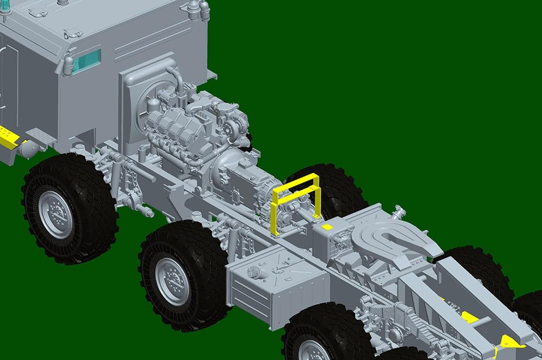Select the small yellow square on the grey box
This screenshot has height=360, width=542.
pos(327,226)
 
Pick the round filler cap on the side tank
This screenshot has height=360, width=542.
pos(254,273)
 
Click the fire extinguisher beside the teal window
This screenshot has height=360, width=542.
pos(68,65)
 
